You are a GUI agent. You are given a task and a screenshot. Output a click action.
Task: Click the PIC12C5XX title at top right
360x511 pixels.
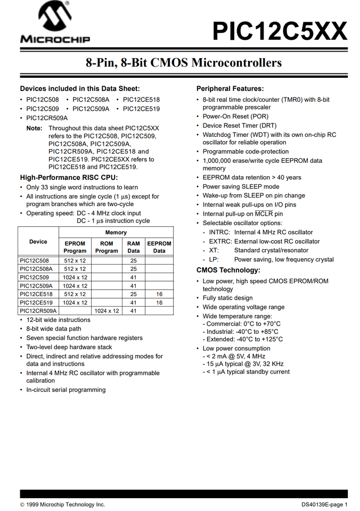click(280, 31)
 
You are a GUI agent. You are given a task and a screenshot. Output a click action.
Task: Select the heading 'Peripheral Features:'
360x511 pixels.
click(230, 89)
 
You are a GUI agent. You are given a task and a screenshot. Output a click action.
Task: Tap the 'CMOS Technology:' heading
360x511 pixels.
click(228, 270)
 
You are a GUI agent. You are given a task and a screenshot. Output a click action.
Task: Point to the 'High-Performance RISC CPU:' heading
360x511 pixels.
click(69, 178)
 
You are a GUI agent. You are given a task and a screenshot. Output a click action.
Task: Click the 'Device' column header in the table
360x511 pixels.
click(38, 242)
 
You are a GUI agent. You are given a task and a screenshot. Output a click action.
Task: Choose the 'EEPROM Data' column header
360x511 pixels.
click(159, 247)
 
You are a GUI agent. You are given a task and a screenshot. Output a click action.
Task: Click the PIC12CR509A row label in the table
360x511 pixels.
click(38, 311)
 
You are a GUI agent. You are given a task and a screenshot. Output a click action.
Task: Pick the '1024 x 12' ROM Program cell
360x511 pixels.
click(107, 311)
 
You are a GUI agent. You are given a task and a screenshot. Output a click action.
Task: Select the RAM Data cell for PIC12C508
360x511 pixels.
click(134, 261)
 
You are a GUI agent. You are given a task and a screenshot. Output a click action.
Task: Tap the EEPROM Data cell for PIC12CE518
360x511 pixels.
click(159, 294)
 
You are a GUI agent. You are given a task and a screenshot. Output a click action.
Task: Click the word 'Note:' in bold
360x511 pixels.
click(34, 129)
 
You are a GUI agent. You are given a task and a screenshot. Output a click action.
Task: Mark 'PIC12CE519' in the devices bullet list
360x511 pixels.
click(141, 109)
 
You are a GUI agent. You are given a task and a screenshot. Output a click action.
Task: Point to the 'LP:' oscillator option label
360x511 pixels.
click(214, 260)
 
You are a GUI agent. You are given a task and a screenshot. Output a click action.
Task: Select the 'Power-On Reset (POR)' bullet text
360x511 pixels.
click(235, 117)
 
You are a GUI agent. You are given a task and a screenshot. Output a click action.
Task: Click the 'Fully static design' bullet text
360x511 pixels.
click(227, 298)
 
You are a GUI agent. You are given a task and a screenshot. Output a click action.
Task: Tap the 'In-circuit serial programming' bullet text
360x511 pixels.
click(66, 390)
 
